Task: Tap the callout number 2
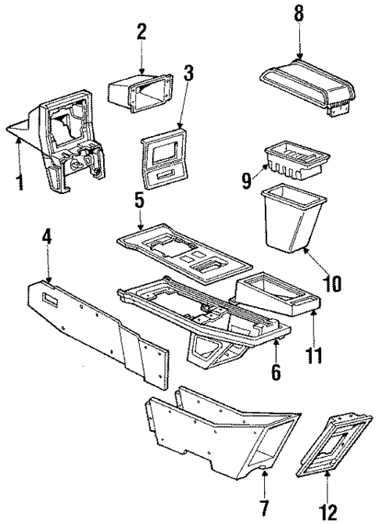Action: point(141,32)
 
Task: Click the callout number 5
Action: point(138,202)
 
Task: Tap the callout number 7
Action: point(263,510)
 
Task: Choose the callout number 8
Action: point(299,14)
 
